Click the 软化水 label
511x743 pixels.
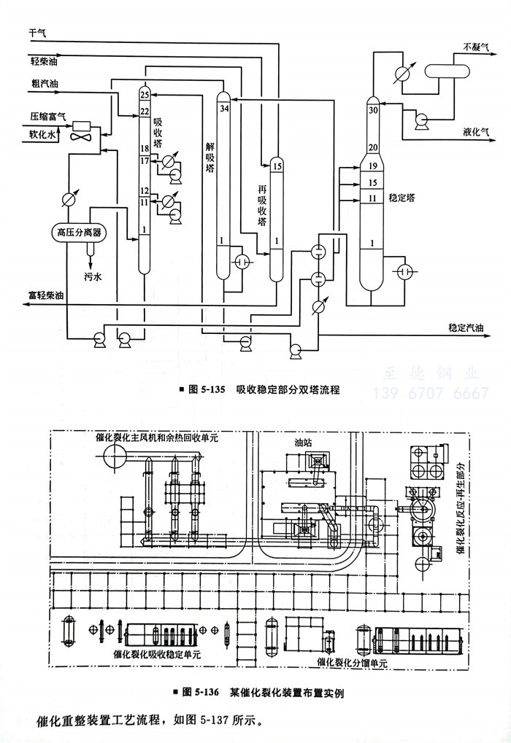pyautogui.click(x=42, y=134)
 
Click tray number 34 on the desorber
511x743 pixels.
pyautogui.click(x=223, y=109)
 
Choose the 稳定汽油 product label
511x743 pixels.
pyautogui.click(x=466, y=329)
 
